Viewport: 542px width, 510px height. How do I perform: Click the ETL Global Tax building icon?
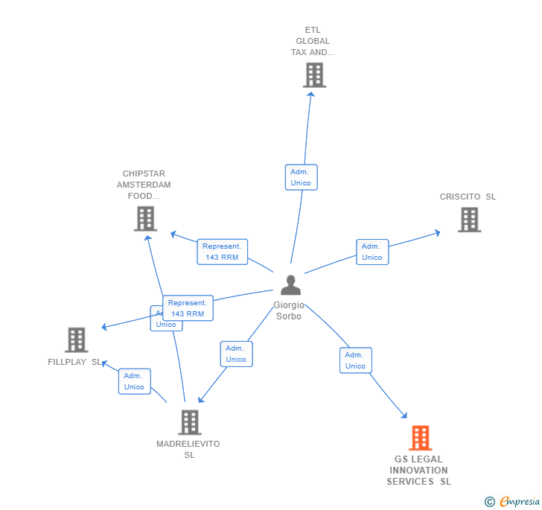click(314, 75)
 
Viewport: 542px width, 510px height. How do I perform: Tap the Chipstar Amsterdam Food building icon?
click(145, 219)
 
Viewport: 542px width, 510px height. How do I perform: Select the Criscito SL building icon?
click(469, 220)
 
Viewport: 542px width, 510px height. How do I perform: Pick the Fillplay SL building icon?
click(77, 340)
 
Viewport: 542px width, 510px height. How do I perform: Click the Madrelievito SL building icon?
click(190, 422)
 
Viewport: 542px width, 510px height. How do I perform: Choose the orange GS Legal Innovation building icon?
click(420, 438)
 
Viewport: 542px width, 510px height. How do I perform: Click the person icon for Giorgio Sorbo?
click(290, 285)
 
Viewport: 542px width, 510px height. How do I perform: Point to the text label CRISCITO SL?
click(468, 197)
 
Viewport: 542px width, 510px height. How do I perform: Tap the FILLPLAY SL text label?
click(74, 363)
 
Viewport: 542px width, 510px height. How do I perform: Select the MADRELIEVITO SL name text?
click(188, 450)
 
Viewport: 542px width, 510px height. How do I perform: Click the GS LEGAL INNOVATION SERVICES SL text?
click(418, 471)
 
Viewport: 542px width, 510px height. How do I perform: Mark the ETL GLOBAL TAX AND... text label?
click(313, 42)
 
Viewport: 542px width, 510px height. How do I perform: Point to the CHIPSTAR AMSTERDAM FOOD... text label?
click(144, 185)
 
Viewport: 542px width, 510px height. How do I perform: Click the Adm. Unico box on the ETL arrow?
click(301, 177)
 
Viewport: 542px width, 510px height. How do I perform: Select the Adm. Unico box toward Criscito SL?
click(372, 252)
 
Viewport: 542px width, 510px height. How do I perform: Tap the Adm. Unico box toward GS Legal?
click(355, 360)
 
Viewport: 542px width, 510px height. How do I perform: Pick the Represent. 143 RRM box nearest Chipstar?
click(222, 252)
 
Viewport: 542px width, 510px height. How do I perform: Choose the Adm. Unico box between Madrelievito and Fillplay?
click(134, 381)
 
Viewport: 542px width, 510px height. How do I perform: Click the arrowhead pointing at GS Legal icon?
click(404, 415)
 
